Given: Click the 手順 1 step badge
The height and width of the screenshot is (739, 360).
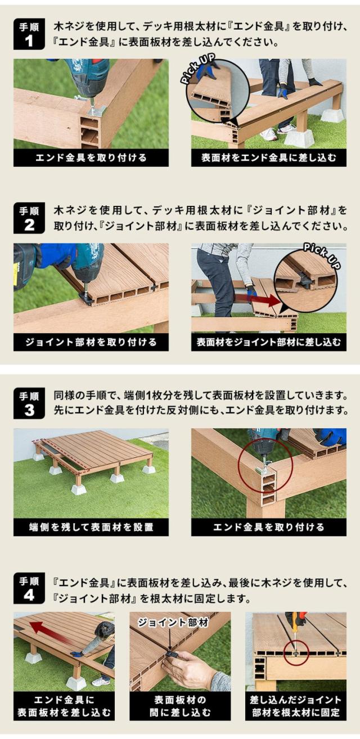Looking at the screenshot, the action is (x=29, y=34).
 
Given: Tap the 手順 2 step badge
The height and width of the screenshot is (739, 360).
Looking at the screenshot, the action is (x=29, y=218).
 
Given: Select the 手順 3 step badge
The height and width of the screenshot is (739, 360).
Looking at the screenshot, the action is (x=29, y=403).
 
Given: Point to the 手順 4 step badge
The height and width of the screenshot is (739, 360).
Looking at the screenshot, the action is (x=29, y=588).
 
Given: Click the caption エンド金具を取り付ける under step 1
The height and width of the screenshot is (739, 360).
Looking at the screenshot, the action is (x=91, y=157).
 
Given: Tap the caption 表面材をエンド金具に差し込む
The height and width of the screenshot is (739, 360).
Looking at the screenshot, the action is (x=269, y=157).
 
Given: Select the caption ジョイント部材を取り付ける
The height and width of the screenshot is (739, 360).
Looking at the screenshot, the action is (x=91, y=342).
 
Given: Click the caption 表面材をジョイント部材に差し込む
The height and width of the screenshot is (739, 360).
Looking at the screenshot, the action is (x=269, y=342).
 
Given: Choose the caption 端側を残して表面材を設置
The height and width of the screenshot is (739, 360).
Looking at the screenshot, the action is (x=91, y=527).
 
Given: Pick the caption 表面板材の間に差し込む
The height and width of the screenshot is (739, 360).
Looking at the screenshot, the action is (x=180, y=706).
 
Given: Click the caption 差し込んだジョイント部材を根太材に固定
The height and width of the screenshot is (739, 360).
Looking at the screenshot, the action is (x=296, y=706).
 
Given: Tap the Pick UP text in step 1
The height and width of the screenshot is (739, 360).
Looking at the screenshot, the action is (x=197, y=69).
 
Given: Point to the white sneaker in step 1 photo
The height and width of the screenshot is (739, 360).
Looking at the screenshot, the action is (x=268, y=134).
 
